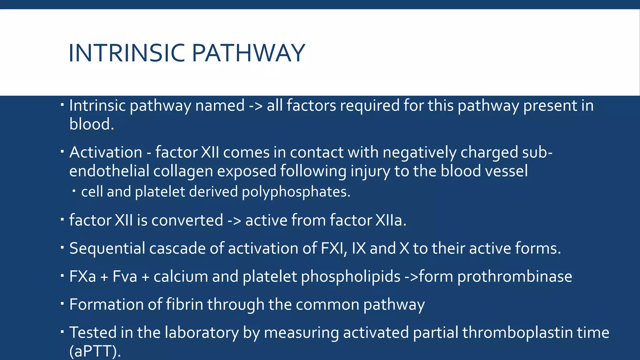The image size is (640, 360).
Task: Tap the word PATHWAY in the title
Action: point(248,53)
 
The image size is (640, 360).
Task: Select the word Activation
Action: point(106,152)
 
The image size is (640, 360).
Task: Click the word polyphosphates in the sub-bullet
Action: point(296,192)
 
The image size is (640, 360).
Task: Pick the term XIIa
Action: point(391,220)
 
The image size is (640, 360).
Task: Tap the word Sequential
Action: point(107,249)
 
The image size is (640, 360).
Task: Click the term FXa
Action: point(82,277)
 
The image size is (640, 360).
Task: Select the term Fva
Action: point(125,277)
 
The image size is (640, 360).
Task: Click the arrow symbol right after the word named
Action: point(256,106)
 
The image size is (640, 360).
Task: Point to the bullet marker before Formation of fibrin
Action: point(62,303)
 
